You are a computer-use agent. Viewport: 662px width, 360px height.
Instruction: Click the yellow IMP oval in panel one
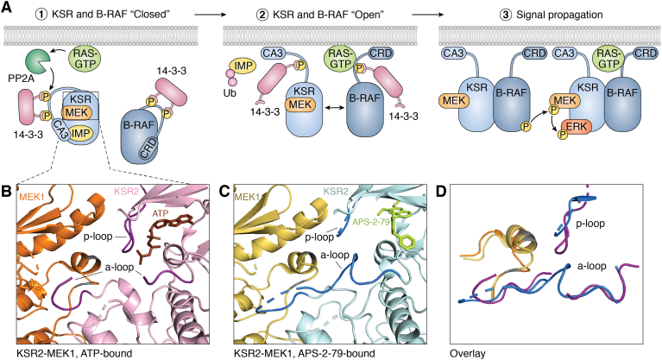tap(81, 134)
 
